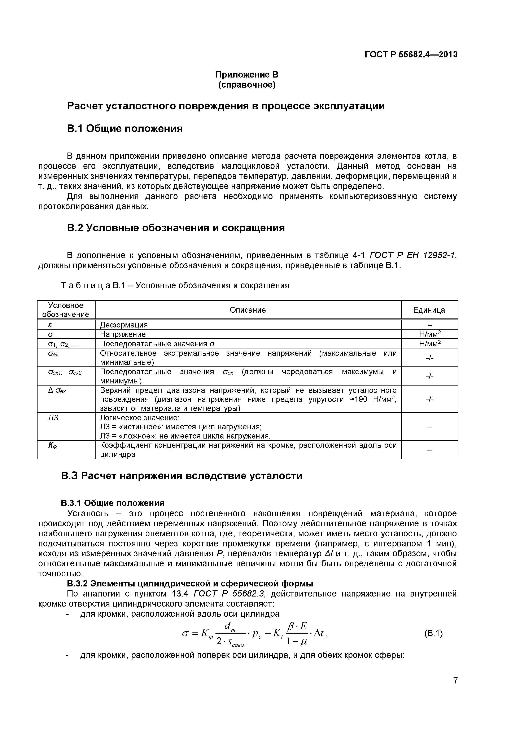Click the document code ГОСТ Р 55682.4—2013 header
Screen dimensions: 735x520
pyautogui.click(x=411, y=55)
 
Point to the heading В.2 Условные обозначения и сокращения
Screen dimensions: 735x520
pyautogui.click(x=176, y=228)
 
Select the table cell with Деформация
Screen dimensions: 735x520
pyautogui.click(x=124, y=325)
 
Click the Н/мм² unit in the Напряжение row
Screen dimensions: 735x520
pyautogui.click(x=430, y=334)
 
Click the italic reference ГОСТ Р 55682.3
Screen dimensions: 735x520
pyautogui.click(x=229, y=594)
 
